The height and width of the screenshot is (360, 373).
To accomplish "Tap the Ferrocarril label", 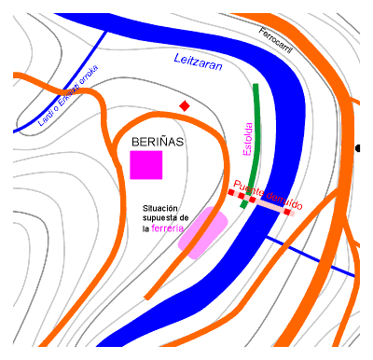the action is pyautogui.click(x=275, y=41).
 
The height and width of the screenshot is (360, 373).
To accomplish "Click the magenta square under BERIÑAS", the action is pyautogui.click(x=145, y=164).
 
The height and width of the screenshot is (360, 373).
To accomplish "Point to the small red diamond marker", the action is pyautogui.click(x=185, y=106).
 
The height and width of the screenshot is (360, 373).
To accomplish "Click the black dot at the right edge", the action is pyautogui.click(x=359, y=148).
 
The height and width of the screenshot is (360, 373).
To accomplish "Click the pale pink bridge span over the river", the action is pyautogui.click(x=270, y=207).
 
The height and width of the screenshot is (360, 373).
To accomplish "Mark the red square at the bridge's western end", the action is pyautogui.click(x=232, y=192).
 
